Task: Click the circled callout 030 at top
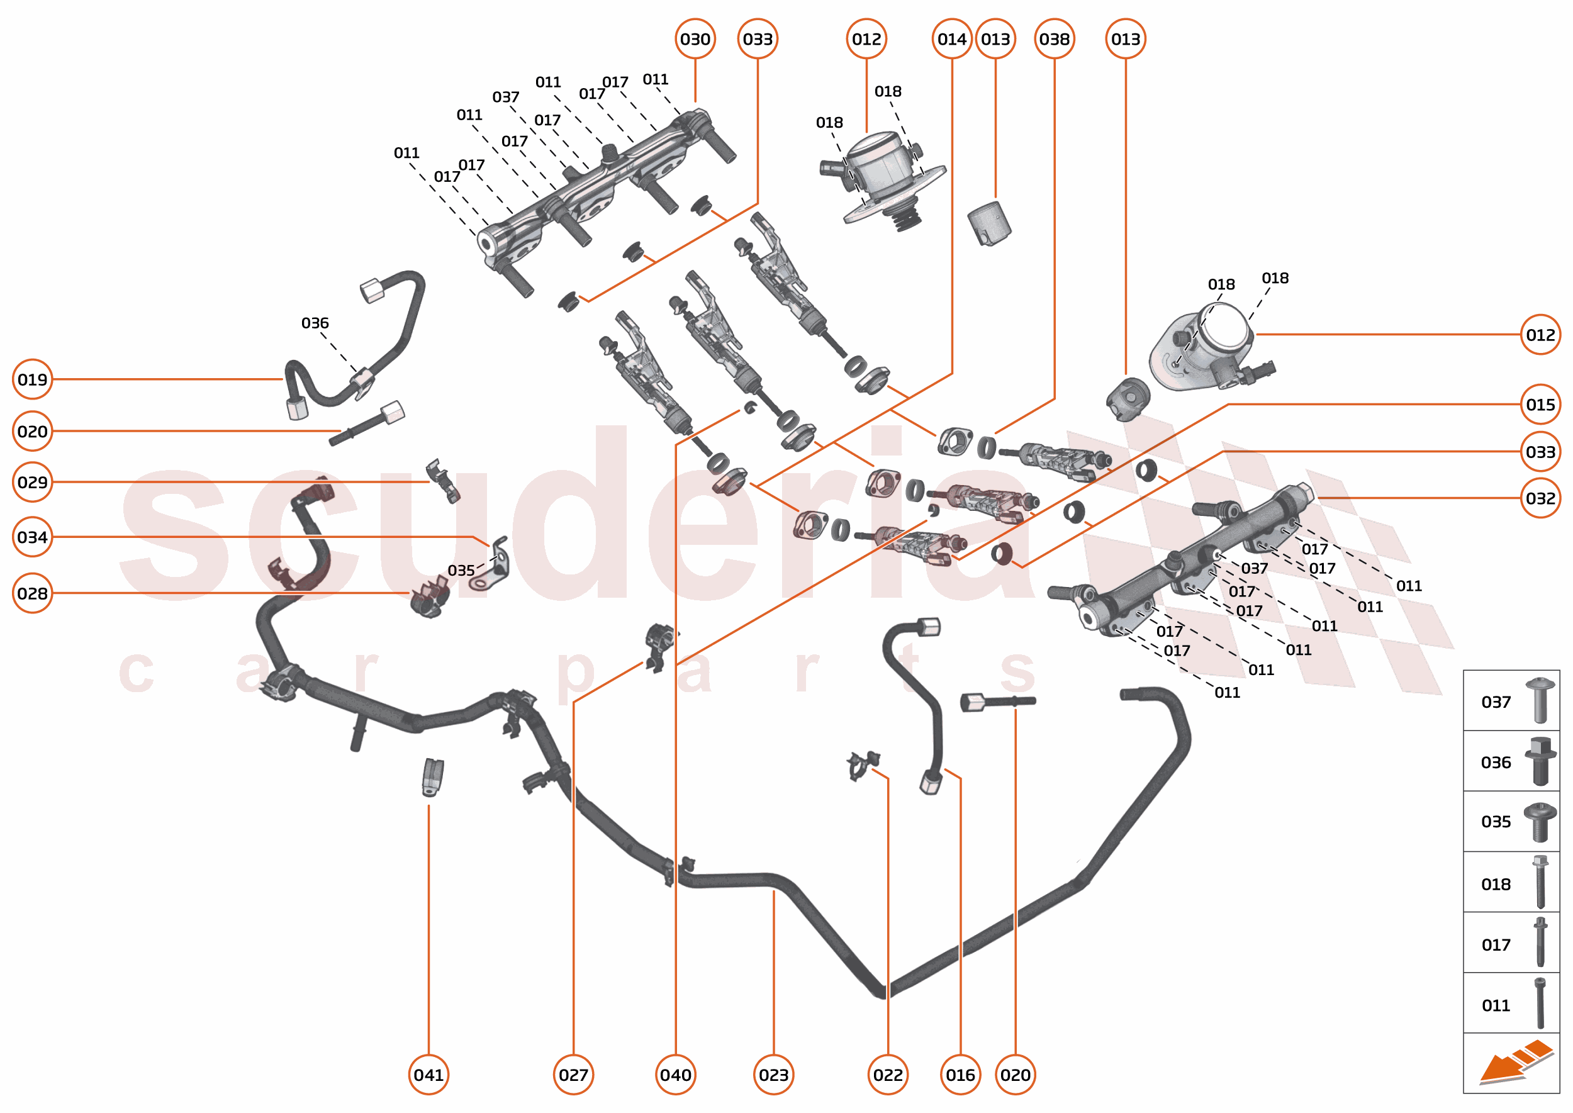point(695,39)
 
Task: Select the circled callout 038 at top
point(1053,39)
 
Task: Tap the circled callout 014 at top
point(951,39)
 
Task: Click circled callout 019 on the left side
point(32,379)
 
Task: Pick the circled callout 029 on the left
point(32,482)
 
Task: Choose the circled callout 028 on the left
point(32,593)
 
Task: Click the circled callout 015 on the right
point(1540,405)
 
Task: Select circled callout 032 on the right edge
point(1540,498)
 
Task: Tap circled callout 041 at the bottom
point(428,1075)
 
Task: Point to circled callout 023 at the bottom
point(773,1075)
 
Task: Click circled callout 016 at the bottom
point(960,1075)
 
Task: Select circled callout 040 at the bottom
point(675,1075)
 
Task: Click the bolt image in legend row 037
point(1540,700)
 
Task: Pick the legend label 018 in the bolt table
point(1496,884)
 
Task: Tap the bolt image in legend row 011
point(1540,1004)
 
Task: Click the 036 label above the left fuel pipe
point(315,323)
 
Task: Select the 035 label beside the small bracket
point(461,570)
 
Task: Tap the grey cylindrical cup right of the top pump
point(989,223)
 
